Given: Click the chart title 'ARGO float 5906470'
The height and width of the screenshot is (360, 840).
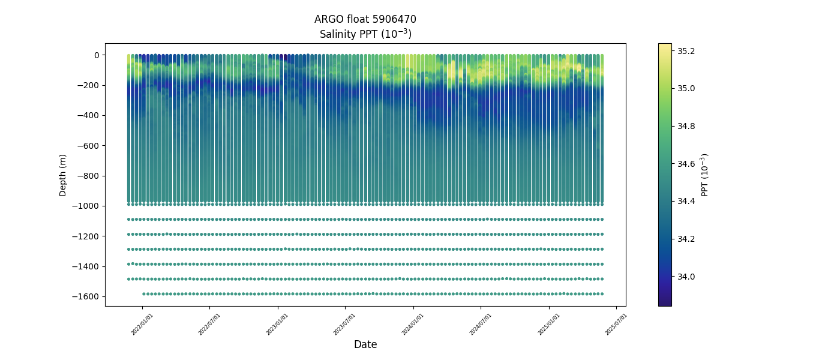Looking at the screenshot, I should (x=365, y=19).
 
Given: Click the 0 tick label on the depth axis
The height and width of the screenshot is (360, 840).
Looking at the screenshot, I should (x=95, y=55).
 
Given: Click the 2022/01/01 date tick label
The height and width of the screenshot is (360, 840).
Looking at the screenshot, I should (x=142, y=324).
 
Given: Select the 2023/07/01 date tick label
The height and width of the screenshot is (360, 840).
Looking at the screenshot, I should (x=345, y=324).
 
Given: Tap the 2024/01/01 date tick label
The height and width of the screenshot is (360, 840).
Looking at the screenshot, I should (x=413, y=324).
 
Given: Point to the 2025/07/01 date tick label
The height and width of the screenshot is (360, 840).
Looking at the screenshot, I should (x=616, y=324).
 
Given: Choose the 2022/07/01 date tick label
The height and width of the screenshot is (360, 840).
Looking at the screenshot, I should (x=209, y=324).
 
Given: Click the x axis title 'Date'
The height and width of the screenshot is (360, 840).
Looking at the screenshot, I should (x=365, y=345).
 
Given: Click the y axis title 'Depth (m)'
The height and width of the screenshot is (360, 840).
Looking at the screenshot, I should (x=63, y=175).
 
